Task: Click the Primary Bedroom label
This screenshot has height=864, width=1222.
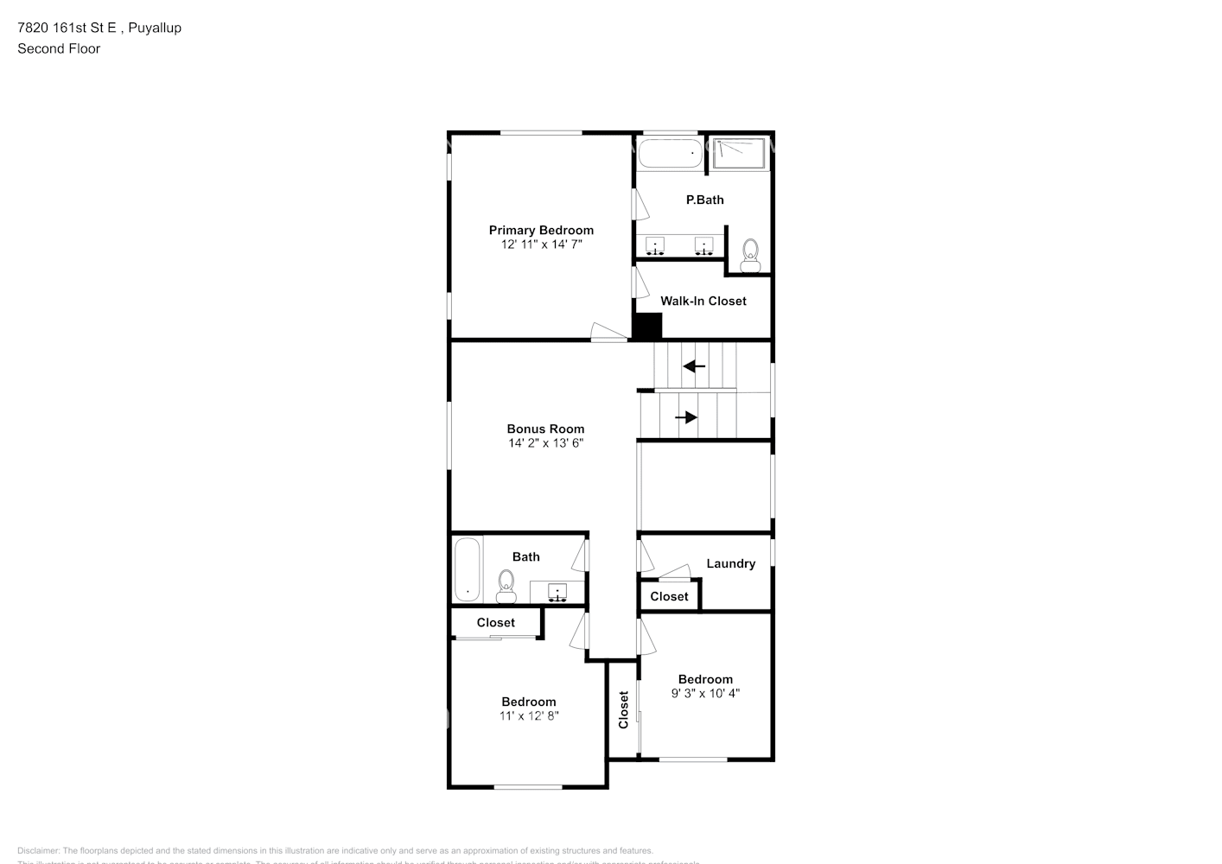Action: tap(541, 230)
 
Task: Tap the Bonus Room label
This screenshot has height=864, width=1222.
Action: tap(545, 429)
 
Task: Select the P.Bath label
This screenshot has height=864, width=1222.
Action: tap(704, 200)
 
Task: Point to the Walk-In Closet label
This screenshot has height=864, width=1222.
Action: tap(703, 301)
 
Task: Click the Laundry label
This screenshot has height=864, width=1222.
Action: tap(730, 563)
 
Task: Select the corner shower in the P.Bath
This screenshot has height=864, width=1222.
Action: tap(739, 153)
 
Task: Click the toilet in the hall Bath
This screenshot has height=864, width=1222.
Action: tap(506, 587)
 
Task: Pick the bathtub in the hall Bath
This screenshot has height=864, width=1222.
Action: tap(468, 570)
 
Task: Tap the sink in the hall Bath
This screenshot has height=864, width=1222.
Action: tap(558, 592)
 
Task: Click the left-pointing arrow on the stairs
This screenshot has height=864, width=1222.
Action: tap(694, 366)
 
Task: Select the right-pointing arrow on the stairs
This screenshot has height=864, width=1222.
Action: tap(686, 417)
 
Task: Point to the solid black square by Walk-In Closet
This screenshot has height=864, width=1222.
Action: tap(647, 326)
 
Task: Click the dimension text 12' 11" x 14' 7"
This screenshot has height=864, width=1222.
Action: tap(541, 245)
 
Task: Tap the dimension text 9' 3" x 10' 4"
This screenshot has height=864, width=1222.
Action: tap(705, 693)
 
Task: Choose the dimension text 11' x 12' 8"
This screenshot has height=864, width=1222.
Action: tap(529, 715)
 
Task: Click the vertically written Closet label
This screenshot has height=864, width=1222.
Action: tap(623, 709)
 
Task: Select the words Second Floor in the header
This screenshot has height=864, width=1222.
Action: tap(59, 48)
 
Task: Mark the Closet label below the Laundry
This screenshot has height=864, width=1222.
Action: tap(669, 596)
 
